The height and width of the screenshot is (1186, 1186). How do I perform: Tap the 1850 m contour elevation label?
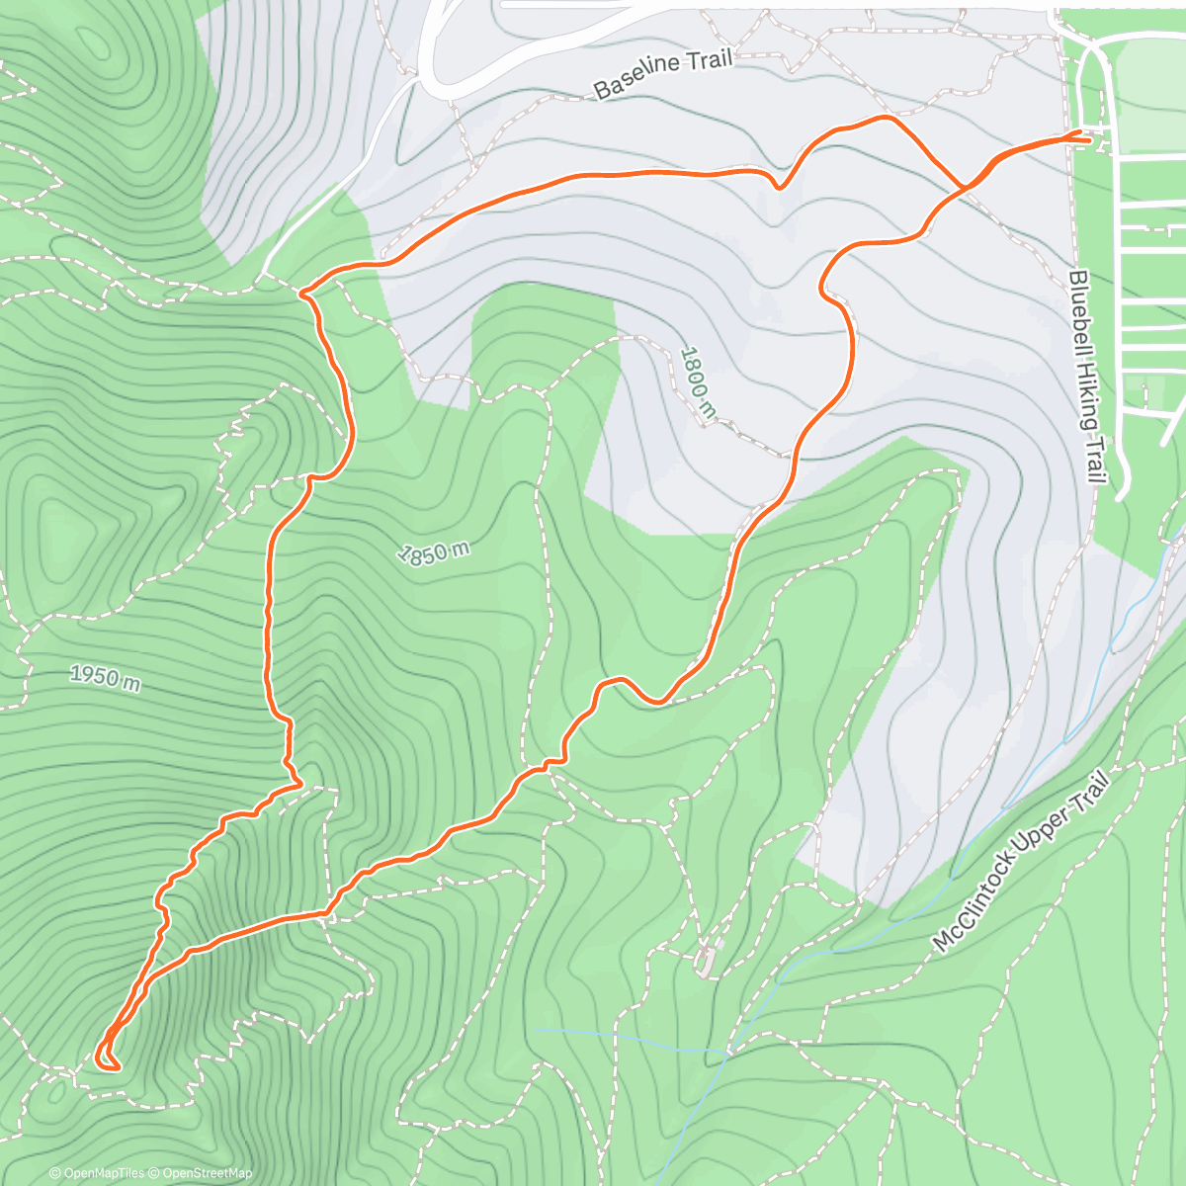pyautogui.click(x=433, y=552)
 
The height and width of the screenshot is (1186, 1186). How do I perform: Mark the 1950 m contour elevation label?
pyautogui.click(x=105, y=677)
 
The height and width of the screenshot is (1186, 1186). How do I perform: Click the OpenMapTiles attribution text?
pyautogui.click(x=97, y=1173)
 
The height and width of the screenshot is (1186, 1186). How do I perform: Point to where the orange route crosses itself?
pyautogui.click(x=963, y=187)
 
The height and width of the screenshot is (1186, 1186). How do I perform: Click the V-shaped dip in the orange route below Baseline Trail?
pyautogui.click(x=780, y=185)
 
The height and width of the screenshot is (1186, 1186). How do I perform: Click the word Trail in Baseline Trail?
pyautogui.click(x=708, y=59)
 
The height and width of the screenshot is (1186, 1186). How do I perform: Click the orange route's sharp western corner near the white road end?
pyautogui.click(x=301, y=292)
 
